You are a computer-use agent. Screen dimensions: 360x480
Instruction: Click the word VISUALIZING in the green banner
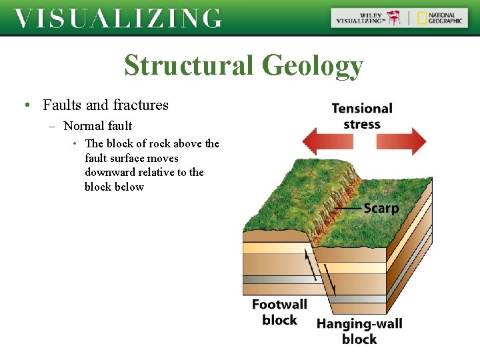coord(117,18)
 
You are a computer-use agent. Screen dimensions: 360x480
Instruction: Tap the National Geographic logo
coord(439,18)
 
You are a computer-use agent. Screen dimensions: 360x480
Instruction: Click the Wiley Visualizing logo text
coord(361,18)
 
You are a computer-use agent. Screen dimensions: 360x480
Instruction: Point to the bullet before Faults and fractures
coord(25,105)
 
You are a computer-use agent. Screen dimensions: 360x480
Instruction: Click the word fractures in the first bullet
coord(141,105)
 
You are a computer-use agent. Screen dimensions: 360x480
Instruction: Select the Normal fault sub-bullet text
coord(97,125)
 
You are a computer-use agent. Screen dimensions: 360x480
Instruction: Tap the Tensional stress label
coord(362,115)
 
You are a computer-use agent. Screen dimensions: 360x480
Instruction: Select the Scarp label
coord(381,209)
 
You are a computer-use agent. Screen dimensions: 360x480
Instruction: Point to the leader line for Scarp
coord(347,209)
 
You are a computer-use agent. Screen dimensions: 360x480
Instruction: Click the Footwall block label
coord(279,312)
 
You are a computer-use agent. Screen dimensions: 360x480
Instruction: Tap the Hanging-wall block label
coord(359,331)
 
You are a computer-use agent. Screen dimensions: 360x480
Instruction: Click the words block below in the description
coord(114,187)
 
